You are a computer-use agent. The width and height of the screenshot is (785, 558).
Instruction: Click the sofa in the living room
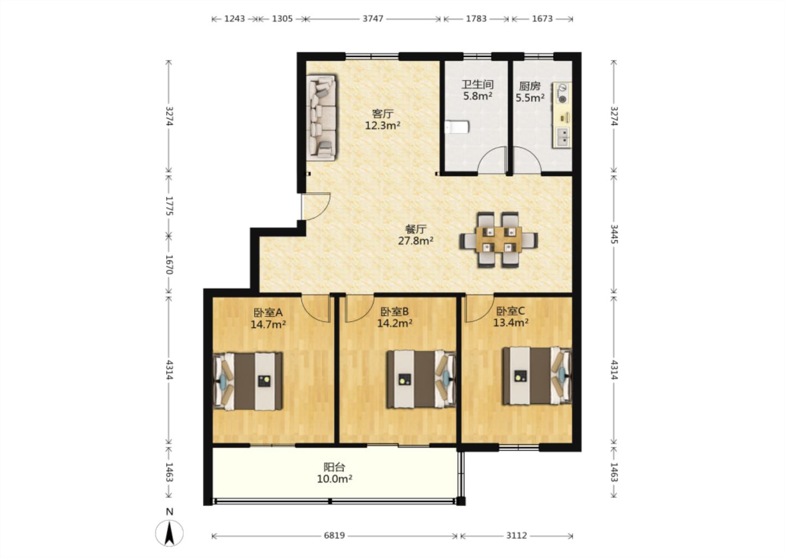[322, 117]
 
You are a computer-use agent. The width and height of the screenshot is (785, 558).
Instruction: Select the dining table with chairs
[499, 240]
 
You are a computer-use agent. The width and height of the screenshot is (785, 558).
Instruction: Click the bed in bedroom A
[247, 381]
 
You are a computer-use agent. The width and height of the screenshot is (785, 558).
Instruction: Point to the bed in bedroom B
[421, 379]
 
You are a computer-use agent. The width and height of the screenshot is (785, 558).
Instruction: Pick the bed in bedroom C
[538, 375]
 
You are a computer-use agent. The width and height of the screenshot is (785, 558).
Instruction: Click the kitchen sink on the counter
[563, 137]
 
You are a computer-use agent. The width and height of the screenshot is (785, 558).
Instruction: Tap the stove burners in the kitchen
[563, 94]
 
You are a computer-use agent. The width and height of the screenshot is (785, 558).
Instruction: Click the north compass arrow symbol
[170, 533]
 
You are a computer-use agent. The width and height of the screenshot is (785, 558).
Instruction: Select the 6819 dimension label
[334, 535]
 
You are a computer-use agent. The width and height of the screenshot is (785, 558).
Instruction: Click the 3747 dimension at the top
[372, 19]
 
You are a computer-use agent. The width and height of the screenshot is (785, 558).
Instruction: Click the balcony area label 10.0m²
[335, 479]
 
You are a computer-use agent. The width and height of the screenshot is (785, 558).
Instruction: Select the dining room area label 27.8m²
[415, 241]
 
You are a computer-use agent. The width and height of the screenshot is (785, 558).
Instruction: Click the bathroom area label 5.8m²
[478, 95]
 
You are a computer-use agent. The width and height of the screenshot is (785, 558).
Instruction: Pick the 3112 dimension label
[517, 535]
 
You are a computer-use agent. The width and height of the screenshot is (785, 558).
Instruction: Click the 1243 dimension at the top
[234, 19]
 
